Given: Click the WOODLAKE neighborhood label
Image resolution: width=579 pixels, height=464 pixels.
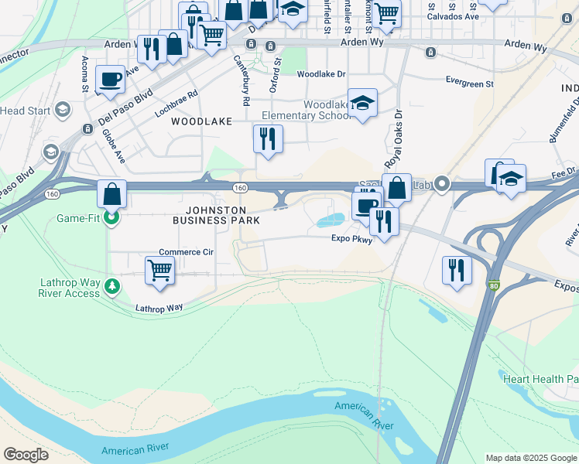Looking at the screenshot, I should [201, 122].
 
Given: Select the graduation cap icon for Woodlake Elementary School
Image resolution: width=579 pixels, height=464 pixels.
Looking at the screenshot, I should [361, 103].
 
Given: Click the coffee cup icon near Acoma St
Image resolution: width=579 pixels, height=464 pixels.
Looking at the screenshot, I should [110, 79].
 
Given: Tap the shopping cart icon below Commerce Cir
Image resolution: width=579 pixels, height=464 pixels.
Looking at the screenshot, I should [159, 271].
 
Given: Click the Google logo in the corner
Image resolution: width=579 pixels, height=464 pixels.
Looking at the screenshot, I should [26, 455].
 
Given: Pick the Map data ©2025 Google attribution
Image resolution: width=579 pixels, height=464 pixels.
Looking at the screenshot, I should [530, 458].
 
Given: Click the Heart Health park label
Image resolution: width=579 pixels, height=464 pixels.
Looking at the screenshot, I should [540, 379].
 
